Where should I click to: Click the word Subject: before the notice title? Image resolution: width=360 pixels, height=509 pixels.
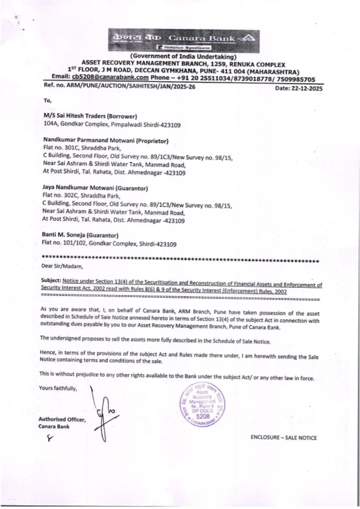click(51, 281)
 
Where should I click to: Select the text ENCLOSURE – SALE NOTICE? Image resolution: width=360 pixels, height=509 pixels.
click(284, 438)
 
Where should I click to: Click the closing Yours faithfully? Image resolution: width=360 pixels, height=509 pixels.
click(58, 388)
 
